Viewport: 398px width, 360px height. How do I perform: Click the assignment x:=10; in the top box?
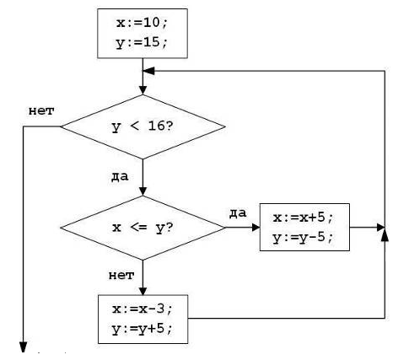pyautogui.click(x=142, y=23)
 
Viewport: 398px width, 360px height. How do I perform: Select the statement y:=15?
pyautogui.click(x=142, y=43)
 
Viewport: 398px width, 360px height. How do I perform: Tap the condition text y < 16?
pyautogui.click(x=143, y=126)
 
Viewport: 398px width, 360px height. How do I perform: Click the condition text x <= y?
pyautogui.click(x=143, y=228)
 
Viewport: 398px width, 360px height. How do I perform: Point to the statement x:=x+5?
pyautogui.click(x=303, y=218)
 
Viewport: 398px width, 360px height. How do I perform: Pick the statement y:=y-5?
pyautogui.click(x=303, y=238)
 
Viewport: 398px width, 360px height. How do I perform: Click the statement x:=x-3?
pyautogui.click(x=142, y=309)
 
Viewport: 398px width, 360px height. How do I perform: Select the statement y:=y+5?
pyautogui.click(x=142, y=329)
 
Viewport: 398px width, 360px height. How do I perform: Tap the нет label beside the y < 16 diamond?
pyautogui.click(x=41, y=111)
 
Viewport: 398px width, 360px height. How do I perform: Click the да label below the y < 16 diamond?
pyautogui.click(x=120, y=176)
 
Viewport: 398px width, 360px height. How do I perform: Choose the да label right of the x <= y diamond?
pyautogui.click(x=238, y=213)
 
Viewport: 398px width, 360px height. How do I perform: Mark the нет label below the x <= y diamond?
pyautogui.click(x=121, y=276)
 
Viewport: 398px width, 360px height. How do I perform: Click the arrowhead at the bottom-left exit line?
pyautogui.click(x=24, y=347)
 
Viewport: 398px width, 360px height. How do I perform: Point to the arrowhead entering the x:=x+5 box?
pyautogui.click(x=255, y=228)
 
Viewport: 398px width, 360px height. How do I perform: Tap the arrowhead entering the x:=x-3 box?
pyautogui.click(x=143, y=291)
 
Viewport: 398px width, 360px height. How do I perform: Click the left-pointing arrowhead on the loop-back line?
pyautogui.click(x=148, y=71)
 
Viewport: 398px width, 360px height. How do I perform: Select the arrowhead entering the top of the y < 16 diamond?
pyautogui.click(x=143, y=90)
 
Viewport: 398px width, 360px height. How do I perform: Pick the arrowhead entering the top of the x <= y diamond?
pyautogui.click(x=143, y=191)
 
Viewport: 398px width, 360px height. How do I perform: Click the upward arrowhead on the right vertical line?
pyautogui.click(x=385, y=237)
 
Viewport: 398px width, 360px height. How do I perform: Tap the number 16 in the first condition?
pyautogui.click(x=156, y=126)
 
